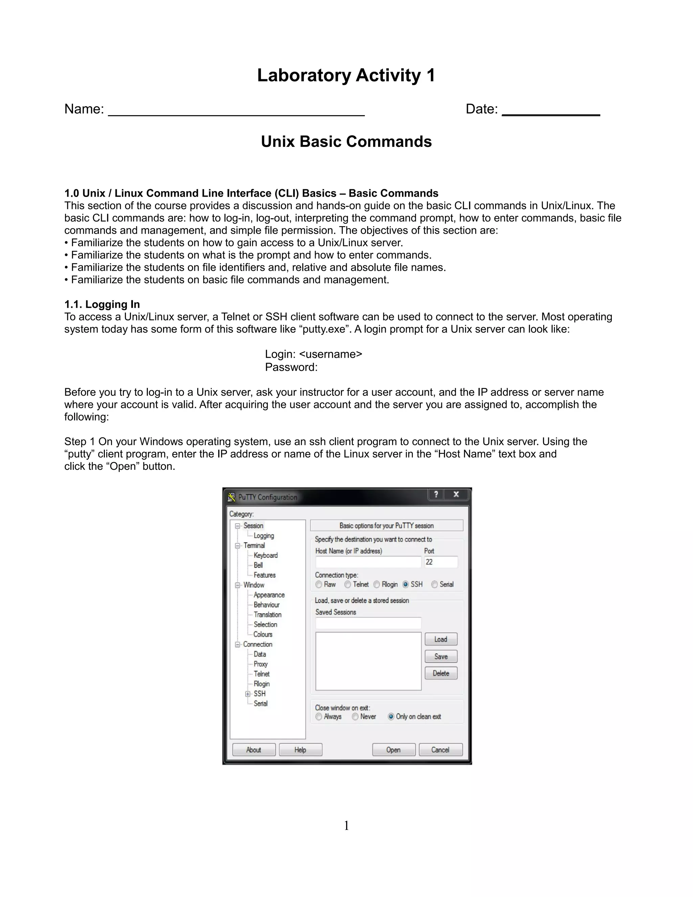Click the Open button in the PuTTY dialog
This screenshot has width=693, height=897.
click(x=393, y=749)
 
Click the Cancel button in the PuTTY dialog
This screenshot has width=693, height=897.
click(x=440, y=749)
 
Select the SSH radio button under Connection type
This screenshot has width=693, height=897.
click(x=406, y=585)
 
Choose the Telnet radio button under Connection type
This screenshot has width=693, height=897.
click(x=348, y=585)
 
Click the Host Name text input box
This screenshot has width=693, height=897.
click(x=368, y=562)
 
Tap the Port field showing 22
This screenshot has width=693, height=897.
click(x=441, y=562)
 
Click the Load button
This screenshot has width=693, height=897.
click(x=441, y=639)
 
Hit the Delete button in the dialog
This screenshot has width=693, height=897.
click(x=441, y=673)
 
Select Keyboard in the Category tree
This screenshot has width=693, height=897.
click(x=265, y=555)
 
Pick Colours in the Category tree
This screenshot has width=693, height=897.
click(x=262, y=634)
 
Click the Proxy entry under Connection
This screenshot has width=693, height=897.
click(x=260, y=664)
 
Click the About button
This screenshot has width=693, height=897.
click(x=253, y=749)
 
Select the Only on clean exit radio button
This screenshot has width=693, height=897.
click(x=391, y=716)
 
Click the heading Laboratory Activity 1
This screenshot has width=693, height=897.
click(x=346, y=75)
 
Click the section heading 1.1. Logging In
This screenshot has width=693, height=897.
click(x=102, y=304)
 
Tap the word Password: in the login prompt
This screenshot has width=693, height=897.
click(x=291, y=367)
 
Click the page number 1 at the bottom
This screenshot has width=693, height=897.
click(x=346, y=826)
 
